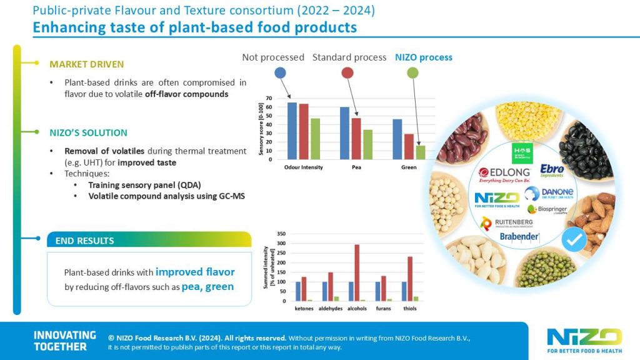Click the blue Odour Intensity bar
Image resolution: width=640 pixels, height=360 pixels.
point(292,131)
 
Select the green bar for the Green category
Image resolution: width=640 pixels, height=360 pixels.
point(421,152)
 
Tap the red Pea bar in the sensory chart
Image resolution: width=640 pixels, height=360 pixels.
point(356,138)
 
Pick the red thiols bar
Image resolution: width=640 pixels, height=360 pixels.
point(409,279)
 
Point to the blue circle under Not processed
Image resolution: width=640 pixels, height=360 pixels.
point(281,73)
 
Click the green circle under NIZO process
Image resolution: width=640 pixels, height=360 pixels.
point(412,73)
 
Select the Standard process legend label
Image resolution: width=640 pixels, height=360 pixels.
point(349,57)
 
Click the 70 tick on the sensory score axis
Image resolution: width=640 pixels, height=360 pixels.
point(269,99)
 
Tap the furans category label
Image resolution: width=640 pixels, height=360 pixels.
point(382,308)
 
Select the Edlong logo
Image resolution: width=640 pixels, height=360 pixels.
point(504,174)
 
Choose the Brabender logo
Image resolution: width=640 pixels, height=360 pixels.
point(519,236)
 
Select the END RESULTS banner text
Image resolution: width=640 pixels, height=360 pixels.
point(84,241)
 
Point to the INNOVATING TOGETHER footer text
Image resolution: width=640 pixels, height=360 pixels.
point(64,341)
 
